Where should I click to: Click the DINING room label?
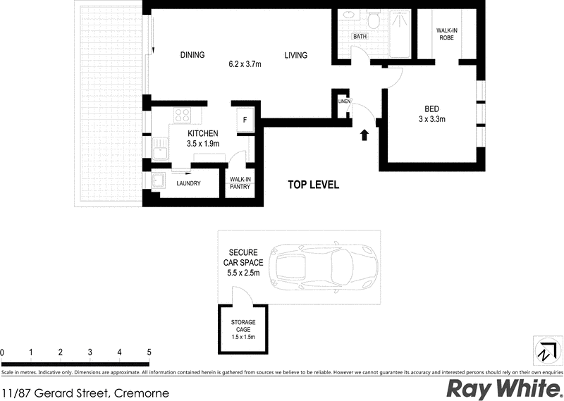click(192, 55)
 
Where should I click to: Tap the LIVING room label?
click(297, 55)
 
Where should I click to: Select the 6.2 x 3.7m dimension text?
click(245, 65)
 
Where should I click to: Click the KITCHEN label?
click(202, 134)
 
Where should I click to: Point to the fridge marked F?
click(245, 118)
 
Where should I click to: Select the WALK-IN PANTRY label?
click(240, 183)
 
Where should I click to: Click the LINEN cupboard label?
click(344, 102)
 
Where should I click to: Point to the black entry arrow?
click(364, 135)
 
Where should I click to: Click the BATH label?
click(360, 37)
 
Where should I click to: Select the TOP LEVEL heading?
click(314, 185)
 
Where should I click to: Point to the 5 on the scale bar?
click(149, 351)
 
